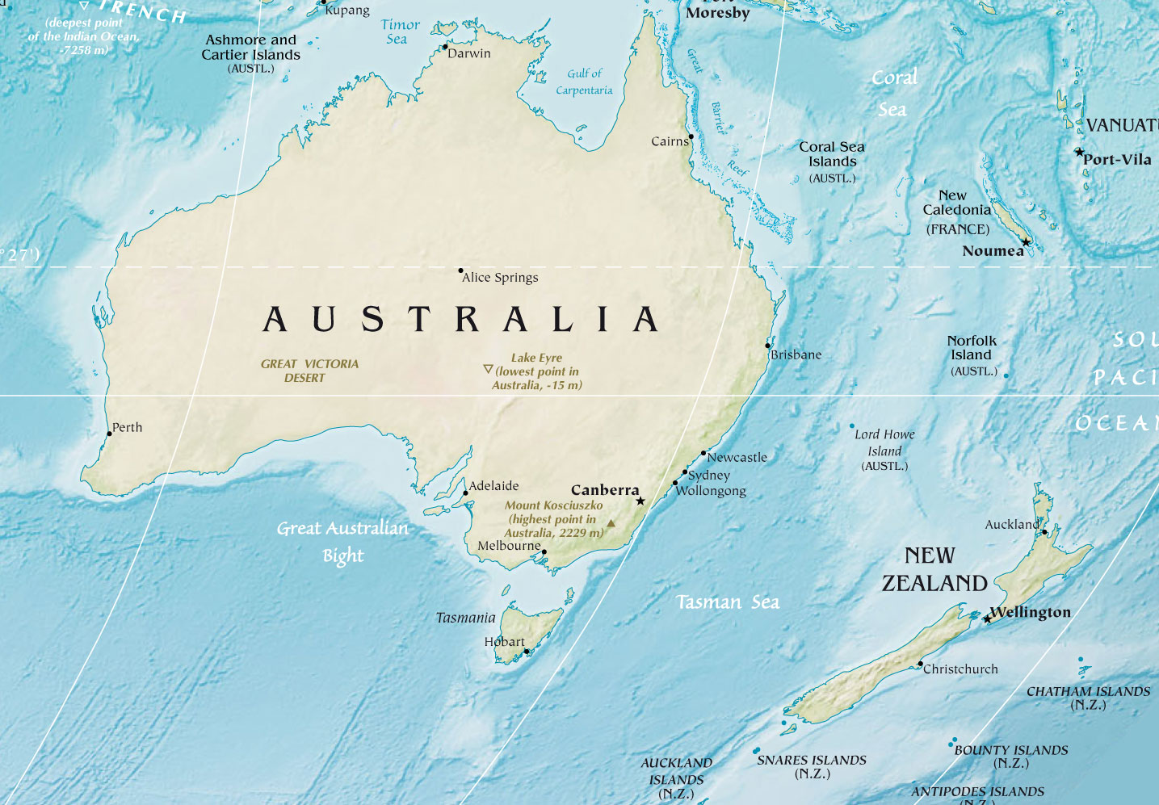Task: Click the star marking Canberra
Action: [640, 501]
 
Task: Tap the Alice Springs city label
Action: [500, 278]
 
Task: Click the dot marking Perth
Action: [110, 434]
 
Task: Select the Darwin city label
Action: [469, 53]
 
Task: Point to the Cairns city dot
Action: [691, 136]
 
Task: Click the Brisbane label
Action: [796, 354]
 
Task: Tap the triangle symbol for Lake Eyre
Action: [488, 369]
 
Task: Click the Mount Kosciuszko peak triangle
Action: [611, 523]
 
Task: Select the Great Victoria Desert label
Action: [309, 371]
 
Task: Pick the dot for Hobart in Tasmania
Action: [527, 651]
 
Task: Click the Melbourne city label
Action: [509, 546]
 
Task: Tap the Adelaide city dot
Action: [465, 493]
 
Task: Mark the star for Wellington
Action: [987, 619]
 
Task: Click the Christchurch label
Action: [960, 669]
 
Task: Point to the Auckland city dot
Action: [1044, 532]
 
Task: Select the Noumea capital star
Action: [1026, 242]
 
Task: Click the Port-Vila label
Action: [1117, 160]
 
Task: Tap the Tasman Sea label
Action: [728, 602]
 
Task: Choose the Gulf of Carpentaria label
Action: [584, 82]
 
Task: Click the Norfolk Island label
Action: [972, 348]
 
